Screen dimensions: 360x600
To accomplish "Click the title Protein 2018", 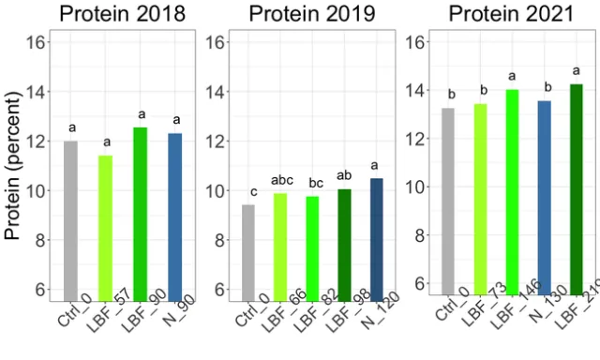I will point(121,14).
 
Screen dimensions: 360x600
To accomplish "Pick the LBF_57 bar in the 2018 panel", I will point(106,225).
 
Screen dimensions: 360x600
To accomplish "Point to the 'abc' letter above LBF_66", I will point(280,180).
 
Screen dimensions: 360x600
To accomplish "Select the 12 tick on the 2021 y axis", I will point(419,139).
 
